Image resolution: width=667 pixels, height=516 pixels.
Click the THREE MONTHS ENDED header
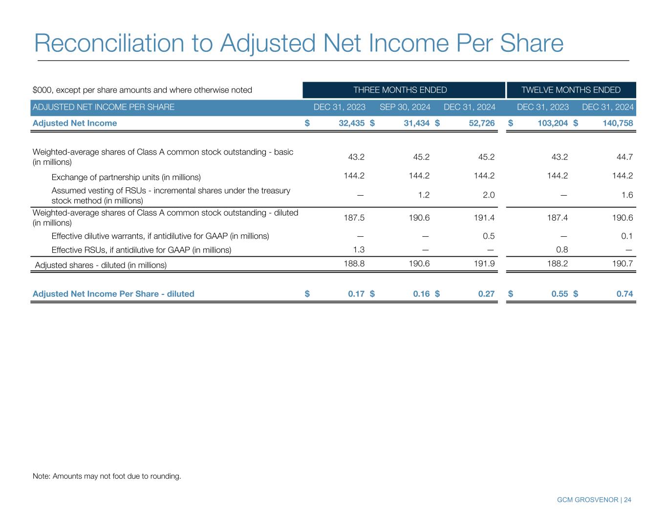pyautogui.click(x=400, y=90)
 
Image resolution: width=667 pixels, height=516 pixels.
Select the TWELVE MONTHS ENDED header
pyautogui.click(x=571, y=90)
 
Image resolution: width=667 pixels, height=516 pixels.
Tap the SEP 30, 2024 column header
pyautogui.click(x=405, y=107)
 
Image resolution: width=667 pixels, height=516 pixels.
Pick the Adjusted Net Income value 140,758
pyautogui.click(x=615, y=123)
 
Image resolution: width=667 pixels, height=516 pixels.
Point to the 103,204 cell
pyautogui.click(x=549, y=123)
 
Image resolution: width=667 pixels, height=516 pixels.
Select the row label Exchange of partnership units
pyautogui.click(x=126, y=177)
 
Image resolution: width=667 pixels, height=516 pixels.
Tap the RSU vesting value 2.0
pyautogui.click(x=489, y=195)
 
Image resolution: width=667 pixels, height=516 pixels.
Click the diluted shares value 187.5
pyautogui.click(x=355, y=218)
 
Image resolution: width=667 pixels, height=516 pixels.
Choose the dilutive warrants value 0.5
pyautogui.click(x=489, y=236)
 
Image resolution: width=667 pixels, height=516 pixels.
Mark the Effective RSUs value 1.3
pyautogui.click(x=358, y=250)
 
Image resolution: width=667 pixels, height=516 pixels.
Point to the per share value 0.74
pyautogui.click(x=624, y=294)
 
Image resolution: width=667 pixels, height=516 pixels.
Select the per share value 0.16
pyautogui.click(x=421, y=294)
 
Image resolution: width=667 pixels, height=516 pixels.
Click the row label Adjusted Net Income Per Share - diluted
pyautogui.click(x=113, y=294)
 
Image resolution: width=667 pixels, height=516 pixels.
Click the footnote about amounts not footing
pyautogui.click(x=107, y=476)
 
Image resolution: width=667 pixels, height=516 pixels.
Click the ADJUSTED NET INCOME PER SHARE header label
pyautogui.click(x=103, y=107)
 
